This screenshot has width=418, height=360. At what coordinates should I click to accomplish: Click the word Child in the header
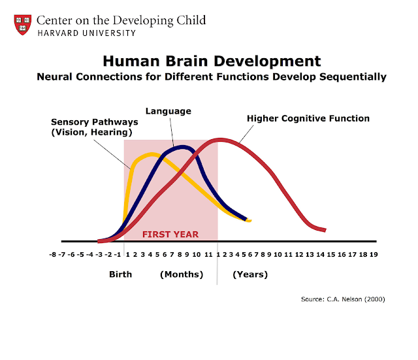[185, 20]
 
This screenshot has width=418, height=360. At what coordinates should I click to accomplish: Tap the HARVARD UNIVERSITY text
[86, 33]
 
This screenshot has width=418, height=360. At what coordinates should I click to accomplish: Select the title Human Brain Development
[212, 61]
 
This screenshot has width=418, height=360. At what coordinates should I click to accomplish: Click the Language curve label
[169, 111]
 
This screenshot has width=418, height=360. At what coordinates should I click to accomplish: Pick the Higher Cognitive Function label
[308, 118]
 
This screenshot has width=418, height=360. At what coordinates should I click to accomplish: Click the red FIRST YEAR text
[170, 234]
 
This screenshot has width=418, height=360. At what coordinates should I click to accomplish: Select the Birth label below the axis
[120, 274]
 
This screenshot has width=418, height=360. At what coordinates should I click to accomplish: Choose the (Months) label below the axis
[182, 274]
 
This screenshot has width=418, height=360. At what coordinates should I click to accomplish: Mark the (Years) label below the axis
[250, 274]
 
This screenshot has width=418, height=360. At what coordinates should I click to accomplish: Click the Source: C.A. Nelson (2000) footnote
[343, 299]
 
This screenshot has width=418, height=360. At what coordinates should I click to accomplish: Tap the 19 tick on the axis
[373, 255]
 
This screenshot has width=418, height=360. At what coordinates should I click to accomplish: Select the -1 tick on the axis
[118, 255]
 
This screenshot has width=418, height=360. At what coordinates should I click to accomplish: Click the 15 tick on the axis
[331, 255]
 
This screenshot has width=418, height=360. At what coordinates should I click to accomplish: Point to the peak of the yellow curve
[152, 154]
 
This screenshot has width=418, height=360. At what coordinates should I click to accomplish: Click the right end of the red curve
[325, 230]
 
